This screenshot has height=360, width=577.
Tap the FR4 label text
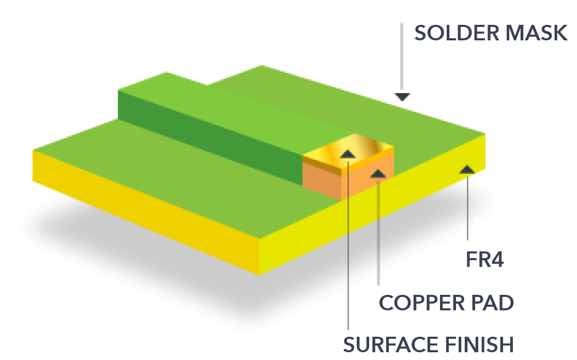point(484,260)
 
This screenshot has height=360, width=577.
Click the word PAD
point(493,303)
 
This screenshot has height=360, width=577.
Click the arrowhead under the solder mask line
point(402,97)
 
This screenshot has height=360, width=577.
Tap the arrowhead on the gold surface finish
point(347,154)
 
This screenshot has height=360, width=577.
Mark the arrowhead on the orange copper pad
point(378,174)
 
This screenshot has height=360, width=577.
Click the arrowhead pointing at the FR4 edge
point(467,169)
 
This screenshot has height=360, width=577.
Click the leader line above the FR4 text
point(467,207)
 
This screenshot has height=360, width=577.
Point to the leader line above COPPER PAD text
point(378,233)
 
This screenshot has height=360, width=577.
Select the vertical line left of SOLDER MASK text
point(402,57)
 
